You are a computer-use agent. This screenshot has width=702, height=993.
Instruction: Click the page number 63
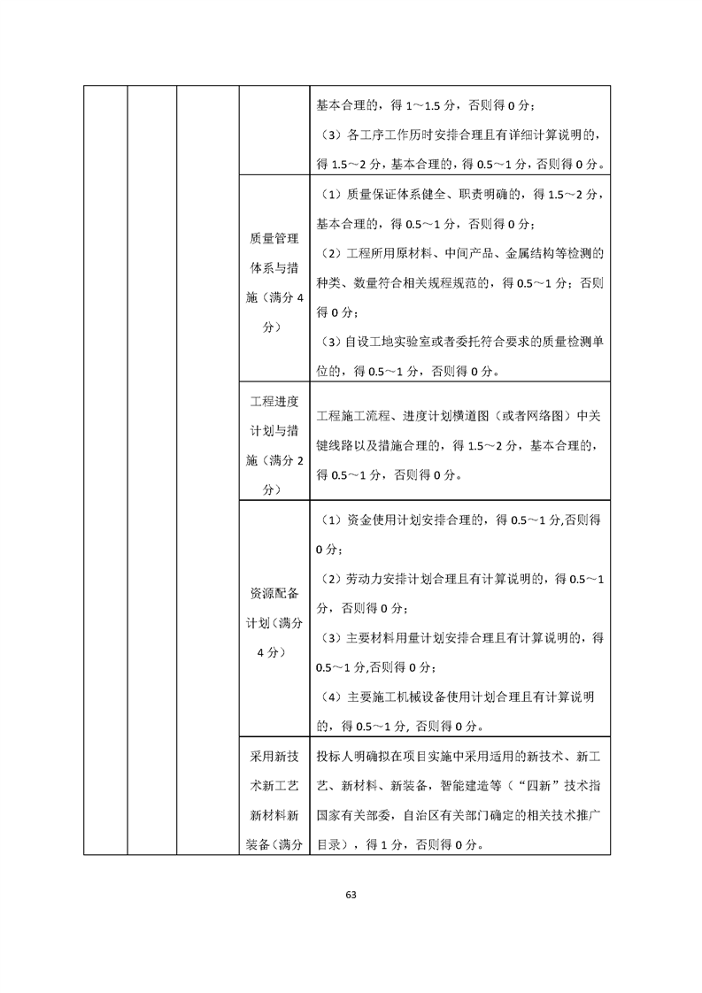[351, 894]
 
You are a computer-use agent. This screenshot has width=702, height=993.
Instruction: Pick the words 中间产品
[466, 254]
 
